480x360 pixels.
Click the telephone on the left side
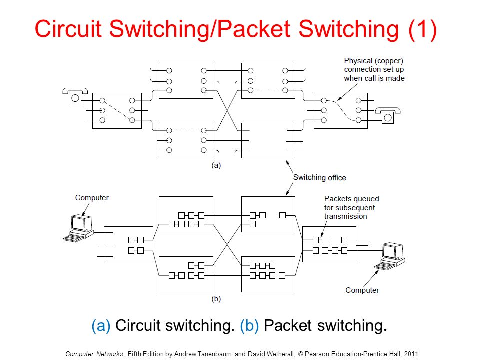tap(75, 96)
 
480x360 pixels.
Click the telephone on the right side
tap(388, 115)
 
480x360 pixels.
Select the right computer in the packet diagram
tap(390, 256)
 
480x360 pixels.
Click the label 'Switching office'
tap(320, 178)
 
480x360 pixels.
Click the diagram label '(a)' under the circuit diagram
tap(216, 165)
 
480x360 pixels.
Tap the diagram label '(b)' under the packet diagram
tap(216, 299)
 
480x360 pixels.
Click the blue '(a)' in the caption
tap(101, 325)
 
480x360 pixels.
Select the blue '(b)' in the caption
tap(249, 325)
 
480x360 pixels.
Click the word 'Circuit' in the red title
tap(68, 29)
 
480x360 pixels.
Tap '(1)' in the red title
tap(423, 29)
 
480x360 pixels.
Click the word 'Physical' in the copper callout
tap(358, 61)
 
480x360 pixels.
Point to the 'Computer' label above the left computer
tap(92, 198)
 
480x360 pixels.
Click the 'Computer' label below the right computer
tap(362, 290)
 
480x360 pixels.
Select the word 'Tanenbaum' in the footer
tap(214, 354)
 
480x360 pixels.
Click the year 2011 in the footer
tap(411, 354)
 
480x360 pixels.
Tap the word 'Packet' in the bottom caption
tap(288, 325)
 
